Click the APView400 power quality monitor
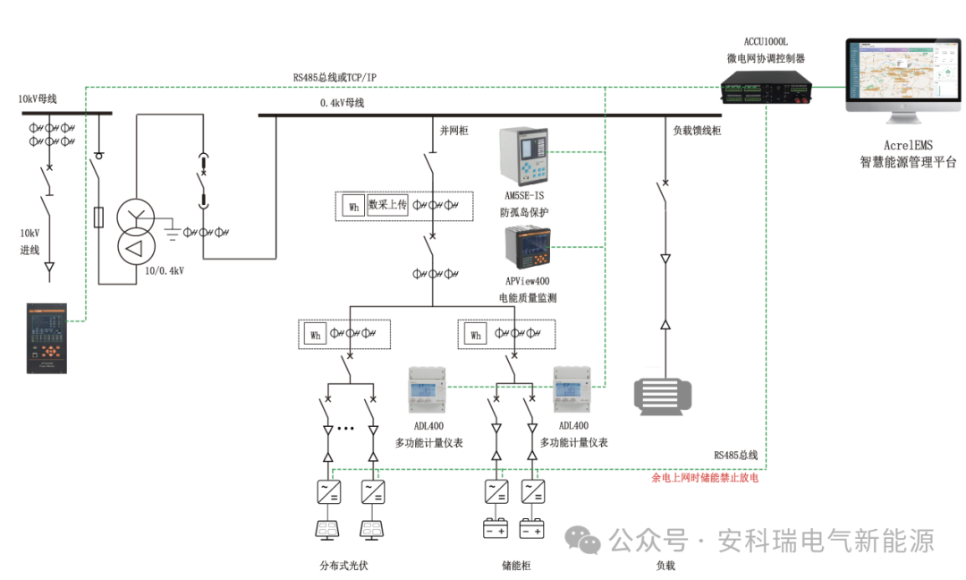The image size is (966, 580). [x=528, y=248]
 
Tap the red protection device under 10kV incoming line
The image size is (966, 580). [x=47, y=337]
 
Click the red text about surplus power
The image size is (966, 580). [x=705, y=478]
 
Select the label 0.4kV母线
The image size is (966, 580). [x=343, y=103]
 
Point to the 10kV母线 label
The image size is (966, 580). [x=38, y=98]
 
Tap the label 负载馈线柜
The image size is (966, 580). [x=697, y=131]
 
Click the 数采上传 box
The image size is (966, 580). [x=387, y=205]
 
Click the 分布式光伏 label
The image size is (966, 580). [x=343, y=565]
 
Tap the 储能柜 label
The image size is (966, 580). [x=516, y=565]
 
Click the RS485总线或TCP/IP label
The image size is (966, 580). [x=335, y=78]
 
